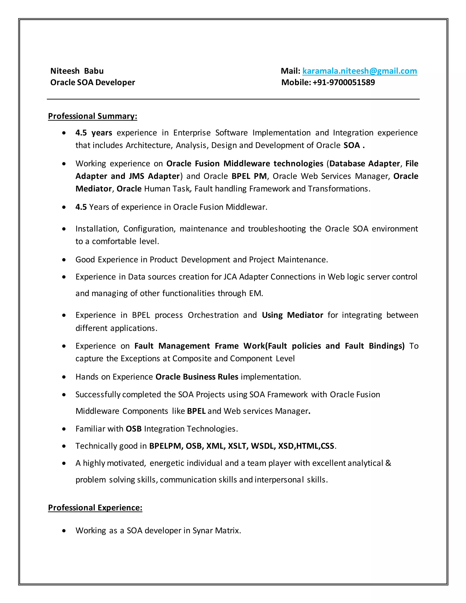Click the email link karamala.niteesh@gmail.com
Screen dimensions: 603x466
(x=360, y=71)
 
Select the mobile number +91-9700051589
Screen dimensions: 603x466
(x=344, y=82)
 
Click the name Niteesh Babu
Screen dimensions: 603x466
(x=77, y=71)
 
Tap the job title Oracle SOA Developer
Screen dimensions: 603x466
(x=92, y=82)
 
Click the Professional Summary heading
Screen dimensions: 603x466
(x=92, y=116)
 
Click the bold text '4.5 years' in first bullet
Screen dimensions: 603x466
(x=94, y=133)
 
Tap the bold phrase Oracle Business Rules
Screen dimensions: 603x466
(x=197, y=377)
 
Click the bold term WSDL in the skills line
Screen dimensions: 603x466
(x=263, y=446)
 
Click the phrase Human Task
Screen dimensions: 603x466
(x=167, y=189)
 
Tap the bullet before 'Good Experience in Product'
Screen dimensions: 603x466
(x=64, y=260)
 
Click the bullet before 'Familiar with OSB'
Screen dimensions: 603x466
(x=64, y=429)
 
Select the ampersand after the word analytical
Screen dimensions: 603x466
(x=388, y=463)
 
